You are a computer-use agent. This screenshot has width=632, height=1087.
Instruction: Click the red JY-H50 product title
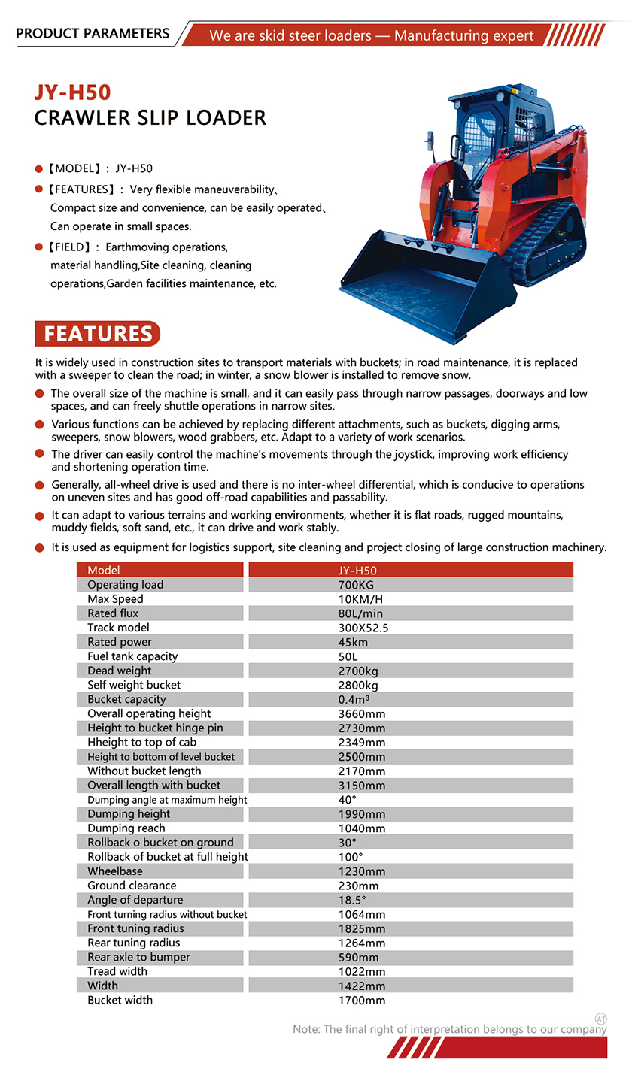pos(72,92)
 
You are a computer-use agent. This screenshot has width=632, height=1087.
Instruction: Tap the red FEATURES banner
pos(98,334)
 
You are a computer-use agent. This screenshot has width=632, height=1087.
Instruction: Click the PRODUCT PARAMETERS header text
pos(93,34)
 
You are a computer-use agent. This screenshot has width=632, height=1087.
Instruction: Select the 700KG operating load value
pos(356,585)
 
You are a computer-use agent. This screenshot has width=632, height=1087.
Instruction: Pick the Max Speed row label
pos(115,599)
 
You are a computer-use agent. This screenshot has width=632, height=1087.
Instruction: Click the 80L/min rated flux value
pos(360,613)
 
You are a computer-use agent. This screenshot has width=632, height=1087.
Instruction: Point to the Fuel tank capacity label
pos(132,656)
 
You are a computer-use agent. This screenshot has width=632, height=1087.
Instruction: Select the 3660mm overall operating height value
pos(362,713)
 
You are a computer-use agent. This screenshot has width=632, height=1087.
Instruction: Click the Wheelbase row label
pos(115,871)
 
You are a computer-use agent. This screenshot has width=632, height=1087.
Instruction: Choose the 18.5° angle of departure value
pos(352,900)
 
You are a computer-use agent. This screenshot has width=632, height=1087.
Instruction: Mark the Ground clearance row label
pos(132,886)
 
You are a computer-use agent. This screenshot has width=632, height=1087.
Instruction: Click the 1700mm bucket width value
pos(362,1000)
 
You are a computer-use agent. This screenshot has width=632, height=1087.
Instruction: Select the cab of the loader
pos(497,128)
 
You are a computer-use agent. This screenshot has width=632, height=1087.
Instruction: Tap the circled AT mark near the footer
pos(600,1018)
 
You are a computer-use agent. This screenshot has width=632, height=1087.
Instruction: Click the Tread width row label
pos(117,971)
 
